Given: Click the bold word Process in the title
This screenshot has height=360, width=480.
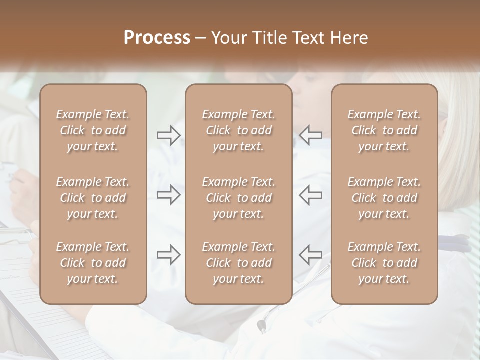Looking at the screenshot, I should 157,38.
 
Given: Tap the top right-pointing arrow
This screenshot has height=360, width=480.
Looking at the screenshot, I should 168,135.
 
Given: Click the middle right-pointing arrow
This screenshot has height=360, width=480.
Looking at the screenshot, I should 168,195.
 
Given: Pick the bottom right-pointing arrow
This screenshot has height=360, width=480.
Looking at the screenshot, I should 168,255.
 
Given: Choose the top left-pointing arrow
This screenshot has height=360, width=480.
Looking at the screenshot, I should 310,135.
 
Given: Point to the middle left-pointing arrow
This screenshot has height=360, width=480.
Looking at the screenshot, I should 310,195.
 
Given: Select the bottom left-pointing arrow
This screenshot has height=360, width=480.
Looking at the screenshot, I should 310,255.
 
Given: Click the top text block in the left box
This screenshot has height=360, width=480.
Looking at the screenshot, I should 93,130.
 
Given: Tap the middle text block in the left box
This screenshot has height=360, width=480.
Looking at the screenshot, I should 93,198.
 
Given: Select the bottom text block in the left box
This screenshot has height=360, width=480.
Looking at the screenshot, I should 93,263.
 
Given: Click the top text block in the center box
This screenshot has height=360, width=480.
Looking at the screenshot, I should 238,130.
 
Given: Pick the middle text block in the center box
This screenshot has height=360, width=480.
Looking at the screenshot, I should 238,198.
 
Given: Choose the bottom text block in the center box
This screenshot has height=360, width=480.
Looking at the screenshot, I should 238,263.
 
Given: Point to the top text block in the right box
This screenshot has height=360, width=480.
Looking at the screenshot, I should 384,130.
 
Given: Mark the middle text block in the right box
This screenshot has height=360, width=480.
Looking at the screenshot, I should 384,198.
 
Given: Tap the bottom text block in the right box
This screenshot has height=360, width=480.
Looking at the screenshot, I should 384,263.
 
